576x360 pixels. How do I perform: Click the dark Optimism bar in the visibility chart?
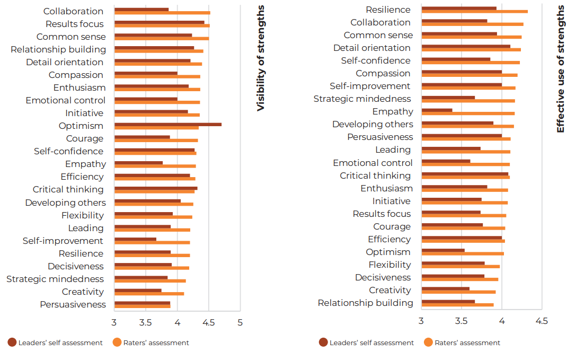167,124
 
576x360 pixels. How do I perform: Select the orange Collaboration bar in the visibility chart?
162,13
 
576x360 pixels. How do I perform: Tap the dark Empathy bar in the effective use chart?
437,110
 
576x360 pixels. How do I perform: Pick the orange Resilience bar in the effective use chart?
474,11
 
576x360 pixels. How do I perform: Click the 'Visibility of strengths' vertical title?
260,58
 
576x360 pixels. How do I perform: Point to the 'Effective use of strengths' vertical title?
561,69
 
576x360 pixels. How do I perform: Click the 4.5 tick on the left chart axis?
209,322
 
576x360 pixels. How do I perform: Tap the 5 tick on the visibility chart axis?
240,322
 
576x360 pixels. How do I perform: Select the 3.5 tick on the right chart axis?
462,321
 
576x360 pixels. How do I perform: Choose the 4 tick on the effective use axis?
502,321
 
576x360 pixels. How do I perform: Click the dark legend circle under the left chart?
12,343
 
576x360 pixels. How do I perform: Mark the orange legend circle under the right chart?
428,343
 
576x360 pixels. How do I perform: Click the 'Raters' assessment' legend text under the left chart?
156,343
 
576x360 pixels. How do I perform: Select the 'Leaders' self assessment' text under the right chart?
371,343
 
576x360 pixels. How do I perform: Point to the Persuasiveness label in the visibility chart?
73,304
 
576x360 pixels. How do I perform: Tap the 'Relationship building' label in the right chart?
365,303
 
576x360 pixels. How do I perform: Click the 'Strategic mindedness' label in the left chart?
55,279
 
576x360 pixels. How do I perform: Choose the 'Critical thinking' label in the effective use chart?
375,175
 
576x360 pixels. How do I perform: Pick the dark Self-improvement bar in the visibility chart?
135,239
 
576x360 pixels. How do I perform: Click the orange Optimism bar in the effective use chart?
463,253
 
